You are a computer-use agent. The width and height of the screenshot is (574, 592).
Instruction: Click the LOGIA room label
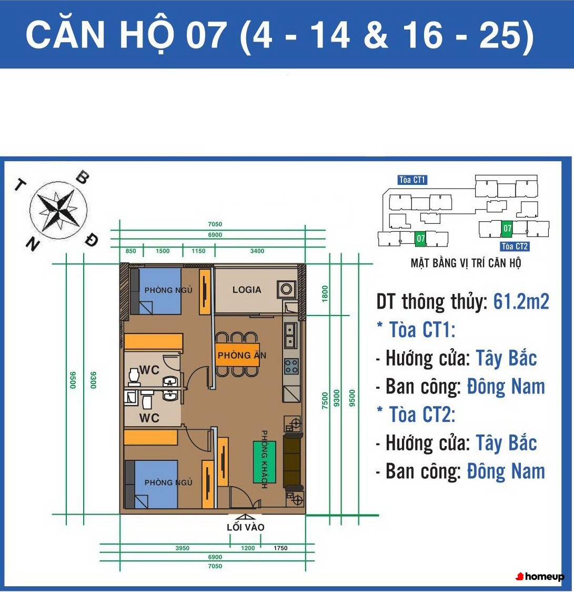[247, 290]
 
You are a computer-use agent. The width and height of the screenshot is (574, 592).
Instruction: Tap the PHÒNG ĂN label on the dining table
[241, 356]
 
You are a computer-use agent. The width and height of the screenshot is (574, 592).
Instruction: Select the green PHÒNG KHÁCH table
[264, 462]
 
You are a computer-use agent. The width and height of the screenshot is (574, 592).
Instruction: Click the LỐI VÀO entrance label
[246, 527]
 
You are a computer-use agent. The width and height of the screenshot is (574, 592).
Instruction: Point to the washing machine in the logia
[286, 290]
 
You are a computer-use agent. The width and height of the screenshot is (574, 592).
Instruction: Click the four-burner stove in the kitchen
[291, 366]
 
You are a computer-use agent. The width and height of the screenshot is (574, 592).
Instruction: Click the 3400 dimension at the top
[257, 251]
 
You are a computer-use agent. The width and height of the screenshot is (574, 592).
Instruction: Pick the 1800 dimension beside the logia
[325, 294]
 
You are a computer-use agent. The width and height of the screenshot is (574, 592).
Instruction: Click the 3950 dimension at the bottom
[182, 548]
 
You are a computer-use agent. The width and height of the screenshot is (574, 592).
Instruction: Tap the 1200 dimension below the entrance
[248, 548]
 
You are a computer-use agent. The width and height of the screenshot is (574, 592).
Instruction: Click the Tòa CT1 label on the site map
[412, 180]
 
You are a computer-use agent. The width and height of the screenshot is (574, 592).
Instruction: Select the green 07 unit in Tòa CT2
[507, 228]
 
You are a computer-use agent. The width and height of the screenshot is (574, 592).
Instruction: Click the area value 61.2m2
[521, 302]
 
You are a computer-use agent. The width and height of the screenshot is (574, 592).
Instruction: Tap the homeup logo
[540, 576]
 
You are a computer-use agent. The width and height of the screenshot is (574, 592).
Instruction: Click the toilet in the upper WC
[134, 377]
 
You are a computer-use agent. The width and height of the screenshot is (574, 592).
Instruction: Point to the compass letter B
[83, 177]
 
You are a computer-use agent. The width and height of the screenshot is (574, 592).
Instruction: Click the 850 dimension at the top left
[130, 251]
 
